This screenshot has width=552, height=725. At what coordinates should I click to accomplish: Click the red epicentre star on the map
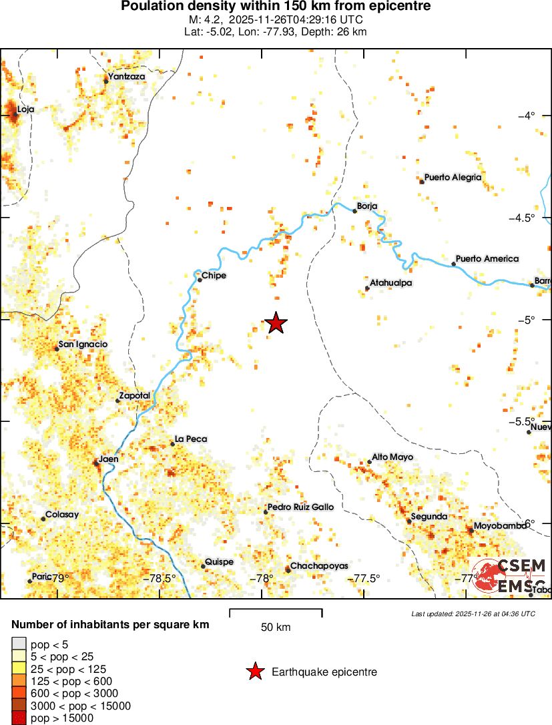276,324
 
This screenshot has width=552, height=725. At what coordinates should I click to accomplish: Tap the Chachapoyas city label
319,565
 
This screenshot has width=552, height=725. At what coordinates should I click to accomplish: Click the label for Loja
25,109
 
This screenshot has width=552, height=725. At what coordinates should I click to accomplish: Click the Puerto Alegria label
453,178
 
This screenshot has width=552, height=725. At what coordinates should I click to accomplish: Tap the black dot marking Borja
354,211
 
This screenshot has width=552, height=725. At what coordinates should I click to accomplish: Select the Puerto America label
487,258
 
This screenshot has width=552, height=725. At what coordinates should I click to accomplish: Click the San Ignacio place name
83,344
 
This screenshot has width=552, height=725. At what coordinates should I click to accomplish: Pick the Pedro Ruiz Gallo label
300,507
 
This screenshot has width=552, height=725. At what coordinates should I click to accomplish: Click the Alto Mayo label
392,457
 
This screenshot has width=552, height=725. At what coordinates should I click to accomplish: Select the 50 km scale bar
276,613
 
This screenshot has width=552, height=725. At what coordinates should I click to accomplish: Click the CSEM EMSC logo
513,575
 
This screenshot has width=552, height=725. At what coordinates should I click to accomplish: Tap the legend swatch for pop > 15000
19,718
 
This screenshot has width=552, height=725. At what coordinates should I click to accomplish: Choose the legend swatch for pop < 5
19,644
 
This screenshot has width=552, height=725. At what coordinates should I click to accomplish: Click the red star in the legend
254,672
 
